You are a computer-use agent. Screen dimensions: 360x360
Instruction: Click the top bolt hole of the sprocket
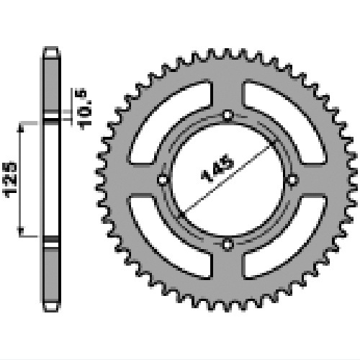click(x=228, y=115)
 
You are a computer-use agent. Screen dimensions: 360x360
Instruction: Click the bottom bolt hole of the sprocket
click(x=228, y=245)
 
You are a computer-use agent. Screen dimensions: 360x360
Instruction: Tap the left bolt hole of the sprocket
click(x=163, y=180)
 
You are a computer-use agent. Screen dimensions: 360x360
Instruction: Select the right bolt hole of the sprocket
click(x=292, y=180)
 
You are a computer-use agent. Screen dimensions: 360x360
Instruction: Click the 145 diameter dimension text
click(x=217, y=168)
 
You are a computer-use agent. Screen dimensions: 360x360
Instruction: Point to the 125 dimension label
click(x=9, y=180)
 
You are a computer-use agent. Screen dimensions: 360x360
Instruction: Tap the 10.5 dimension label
click(x=84, y=109)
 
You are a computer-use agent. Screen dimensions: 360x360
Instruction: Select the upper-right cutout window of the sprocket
click(x=284, y=122)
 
